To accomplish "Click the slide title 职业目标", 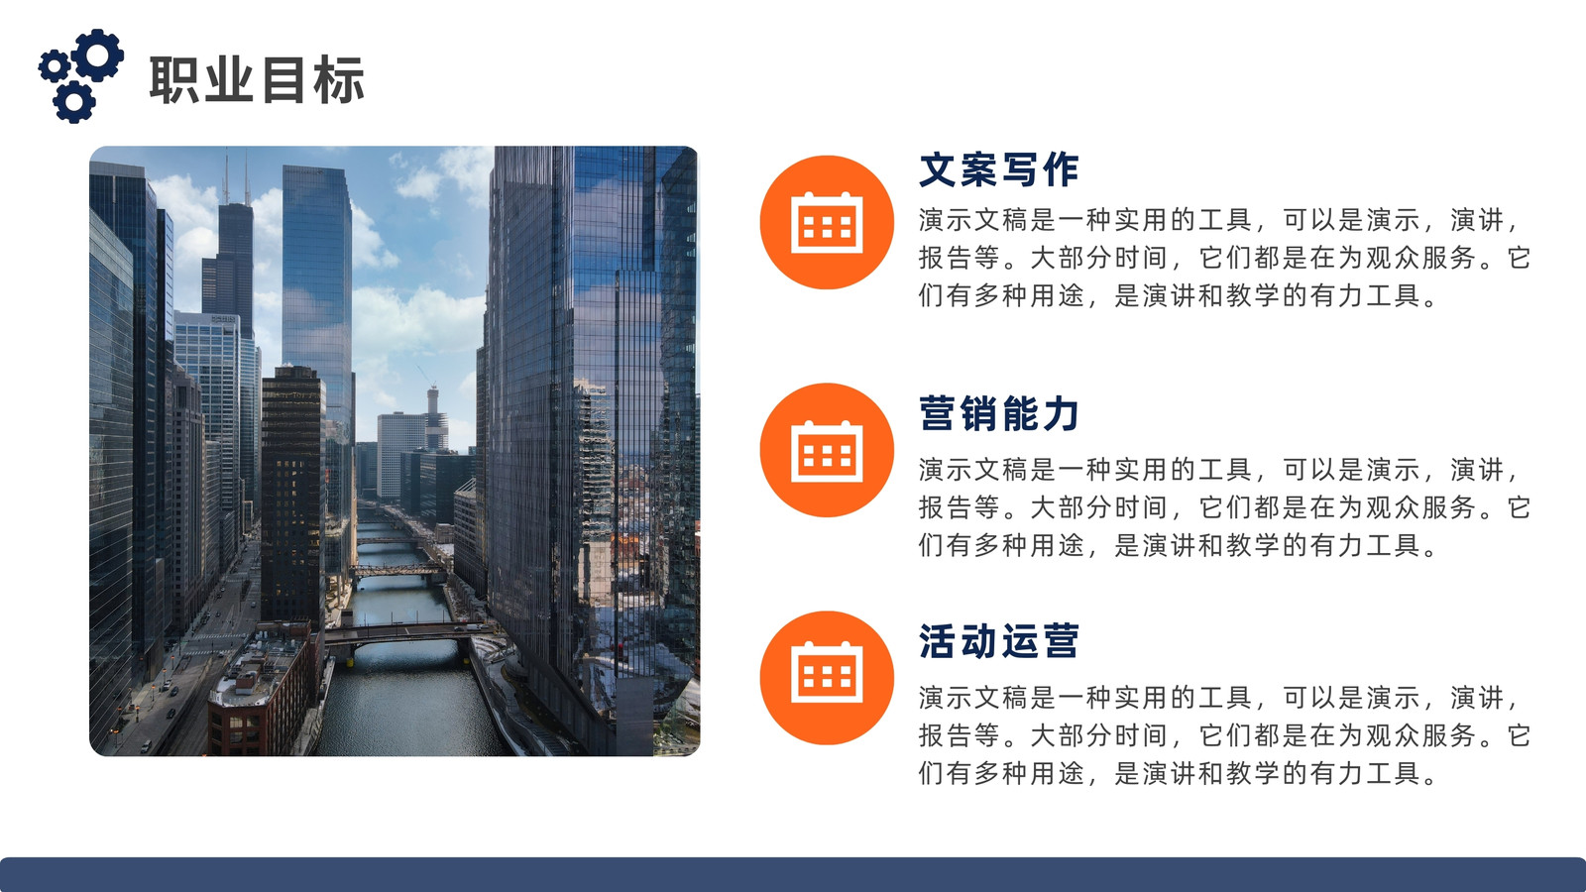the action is pyautogui.click(x=257, y=80).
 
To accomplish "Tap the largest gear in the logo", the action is pyautogui.click(x=98, y=55).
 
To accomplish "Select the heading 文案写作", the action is pyautogui.click(x=998, y=169).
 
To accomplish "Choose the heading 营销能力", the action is pyautogui.click(x=998, y=413).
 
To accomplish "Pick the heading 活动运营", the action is pyautogui.click(x=998, y=641).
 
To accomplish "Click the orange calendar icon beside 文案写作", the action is pyautogui.click(x=827, y=222).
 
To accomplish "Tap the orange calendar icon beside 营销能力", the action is pyautogui.click(x=827, y=450).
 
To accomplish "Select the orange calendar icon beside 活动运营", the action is pyautogui.click(x=827, y=678).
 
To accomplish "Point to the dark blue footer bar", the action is pyautogui.click(x=793, y=875).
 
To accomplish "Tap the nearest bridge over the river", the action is pyautogui.click(x=407, y=632).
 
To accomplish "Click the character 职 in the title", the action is pyautogui.click(x=174, y=80).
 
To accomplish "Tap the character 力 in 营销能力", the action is pyautogui.click(x=1060, y=413).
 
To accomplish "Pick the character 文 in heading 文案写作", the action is pyautogui.click(x=938, y=169).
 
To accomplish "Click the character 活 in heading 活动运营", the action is pyautogui.click(x=938, y=641).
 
